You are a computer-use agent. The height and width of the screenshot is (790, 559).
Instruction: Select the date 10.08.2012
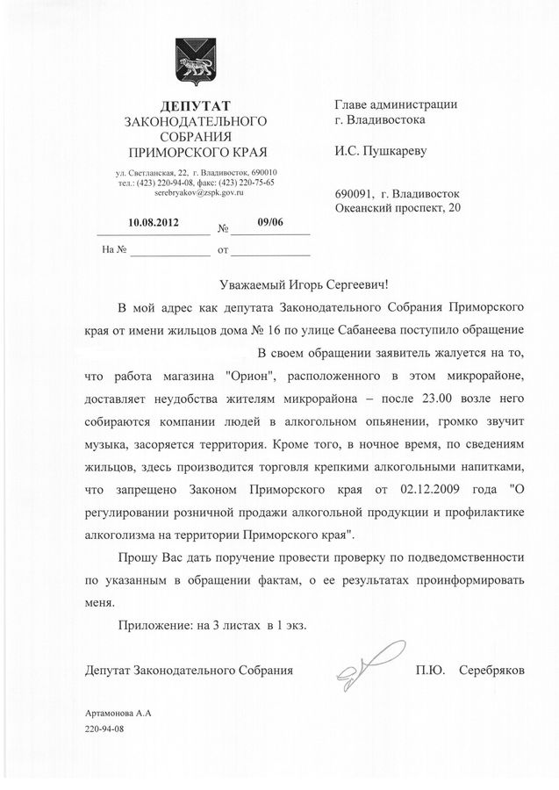(154, 222)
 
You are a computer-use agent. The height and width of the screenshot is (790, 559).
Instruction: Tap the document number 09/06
(270, 222)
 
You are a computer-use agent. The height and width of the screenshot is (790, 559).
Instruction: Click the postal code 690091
(355, 193)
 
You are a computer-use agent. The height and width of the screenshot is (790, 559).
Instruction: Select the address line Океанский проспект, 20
(397, 208)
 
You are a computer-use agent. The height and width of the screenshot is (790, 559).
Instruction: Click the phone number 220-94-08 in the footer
(105, 730)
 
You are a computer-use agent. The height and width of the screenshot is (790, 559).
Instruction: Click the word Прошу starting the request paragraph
(137, 557)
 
